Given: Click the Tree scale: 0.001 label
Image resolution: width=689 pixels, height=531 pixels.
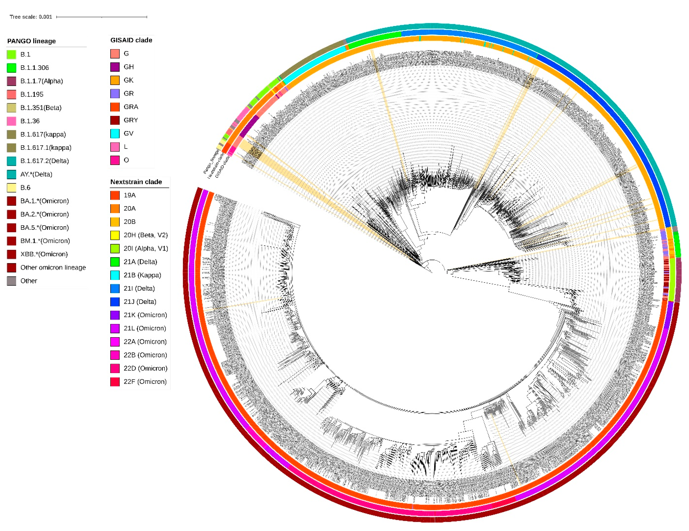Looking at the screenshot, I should (31, 17).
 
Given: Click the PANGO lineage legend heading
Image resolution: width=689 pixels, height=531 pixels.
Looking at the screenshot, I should (31, 41).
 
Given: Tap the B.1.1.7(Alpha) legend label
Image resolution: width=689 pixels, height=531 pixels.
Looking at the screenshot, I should (41, 81).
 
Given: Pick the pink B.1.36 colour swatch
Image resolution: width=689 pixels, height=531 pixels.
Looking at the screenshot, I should (11, 121).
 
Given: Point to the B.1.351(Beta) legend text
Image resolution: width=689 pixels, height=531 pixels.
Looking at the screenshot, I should (41, 108).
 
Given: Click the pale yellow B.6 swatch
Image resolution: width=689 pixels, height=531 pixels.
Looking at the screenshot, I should (11, 188).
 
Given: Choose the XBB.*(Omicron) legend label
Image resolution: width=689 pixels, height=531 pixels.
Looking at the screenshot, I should (44, 254).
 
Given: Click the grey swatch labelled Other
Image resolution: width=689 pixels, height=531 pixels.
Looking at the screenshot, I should (11, 281).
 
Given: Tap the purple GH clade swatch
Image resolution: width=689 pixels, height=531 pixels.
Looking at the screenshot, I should (115, 67).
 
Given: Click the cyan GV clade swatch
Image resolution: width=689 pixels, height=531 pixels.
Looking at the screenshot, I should (115, 134).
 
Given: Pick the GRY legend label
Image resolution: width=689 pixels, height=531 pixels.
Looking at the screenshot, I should (131, 120).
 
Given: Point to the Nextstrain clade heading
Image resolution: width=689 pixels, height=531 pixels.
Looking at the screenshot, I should (136, 182).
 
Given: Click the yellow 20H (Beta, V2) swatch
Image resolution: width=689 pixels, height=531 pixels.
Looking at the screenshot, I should (115, 235).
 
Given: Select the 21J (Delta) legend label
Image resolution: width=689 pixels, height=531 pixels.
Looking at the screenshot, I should (140, 302).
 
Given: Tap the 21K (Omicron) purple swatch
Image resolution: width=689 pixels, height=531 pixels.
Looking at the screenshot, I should (115, 315).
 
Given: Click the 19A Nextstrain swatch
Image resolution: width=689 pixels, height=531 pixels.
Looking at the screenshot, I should (115, 195).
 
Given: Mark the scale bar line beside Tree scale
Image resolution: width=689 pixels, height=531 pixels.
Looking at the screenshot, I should (102, 17).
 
